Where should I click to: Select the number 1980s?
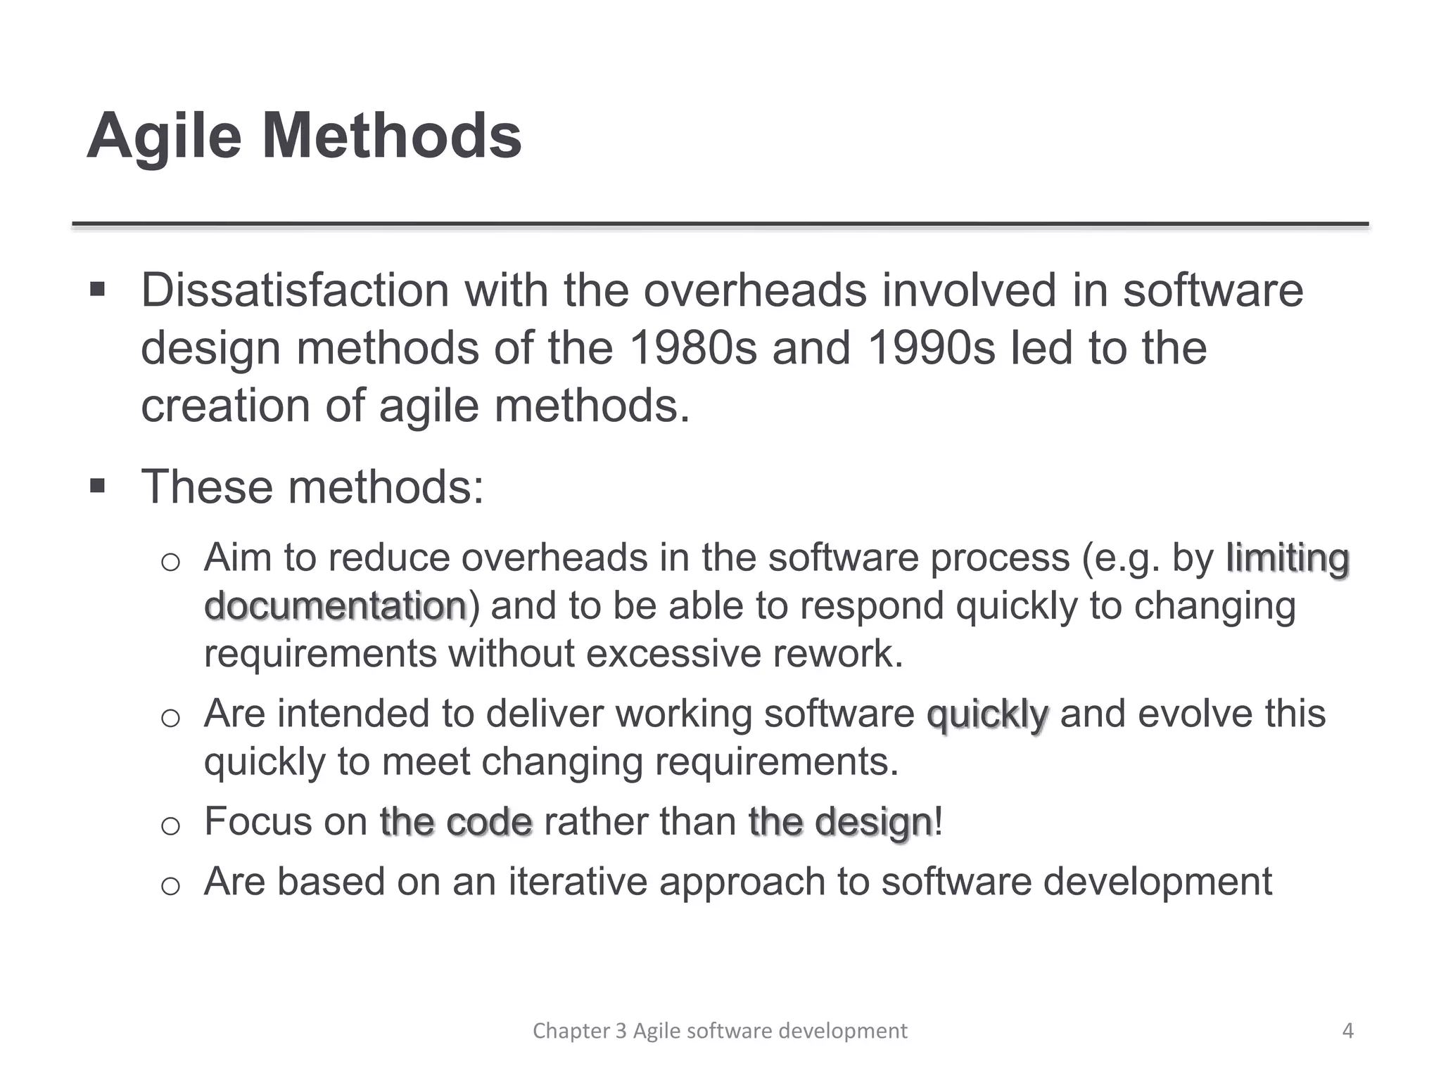pyautogui.click(x=692, y=347)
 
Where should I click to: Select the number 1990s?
pyautogui.click(x=930, y=347)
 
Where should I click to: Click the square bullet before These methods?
pyautogui.click(x=98, y=485)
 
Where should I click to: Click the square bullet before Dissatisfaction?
pyautogui.click(x=98, y=289)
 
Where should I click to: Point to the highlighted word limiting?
pyautogui.click(x=1287, y=559)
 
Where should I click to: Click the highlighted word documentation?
pyautogui.click(x=336, y=606)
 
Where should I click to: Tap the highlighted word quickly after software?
pyautogui.click(x=987, y=715)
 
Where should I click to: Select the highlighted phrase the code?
pyautogui.click(x=456, y=822)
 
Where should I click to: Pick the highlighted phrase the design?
pyautogui.click(x=840, y=822)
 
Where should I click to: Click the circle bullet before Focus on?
pyautogui.click(x=171, y=825)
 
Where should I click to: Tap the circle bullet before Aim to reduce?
pyautogui.click(x=171, y=562)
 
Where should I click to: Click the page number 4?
pyautogui.click(x=1347, y=1031)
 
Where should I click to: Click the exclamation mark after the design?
pyautogui.click(x=939, y=821)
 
